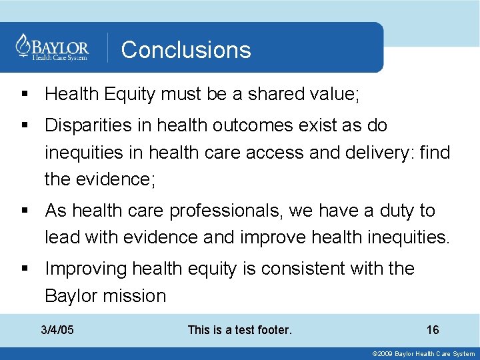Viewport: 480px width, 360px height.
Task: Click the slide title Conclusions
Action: [186, 50]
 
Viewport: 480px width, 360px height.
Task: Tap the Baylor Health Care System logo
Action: [52, 47]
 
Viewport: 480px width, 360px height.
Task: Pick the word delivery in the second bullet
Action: [375, 153]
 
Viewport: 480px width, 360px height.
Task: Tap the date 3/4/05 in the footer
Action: [57, 330]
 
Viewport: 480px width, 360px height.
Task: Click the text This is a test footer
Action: [240, 330]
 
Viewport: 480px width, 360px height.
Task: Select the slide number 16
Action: [433, 330]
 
